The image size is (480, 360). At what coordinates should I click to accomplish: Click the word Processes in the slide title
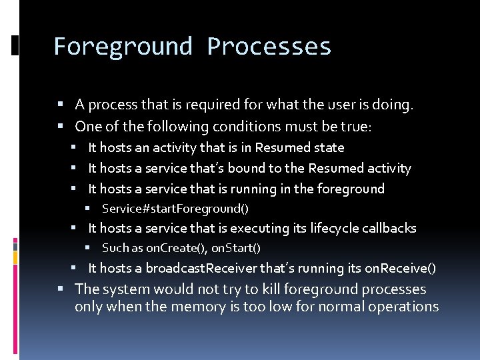[269, 47]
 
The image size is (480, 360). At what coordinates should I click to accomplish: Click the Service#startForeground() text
[175, 209]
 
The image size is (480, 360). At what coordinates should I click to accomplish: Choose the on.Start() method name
[236, 249]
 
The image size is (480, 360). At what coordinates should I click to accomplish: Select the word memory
[197, 307]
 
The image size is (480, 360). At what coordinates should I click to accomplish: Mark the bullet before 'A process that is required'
[60, 105]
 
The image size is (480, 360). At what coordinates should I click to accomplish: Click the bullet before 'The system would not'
[60, 289]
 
